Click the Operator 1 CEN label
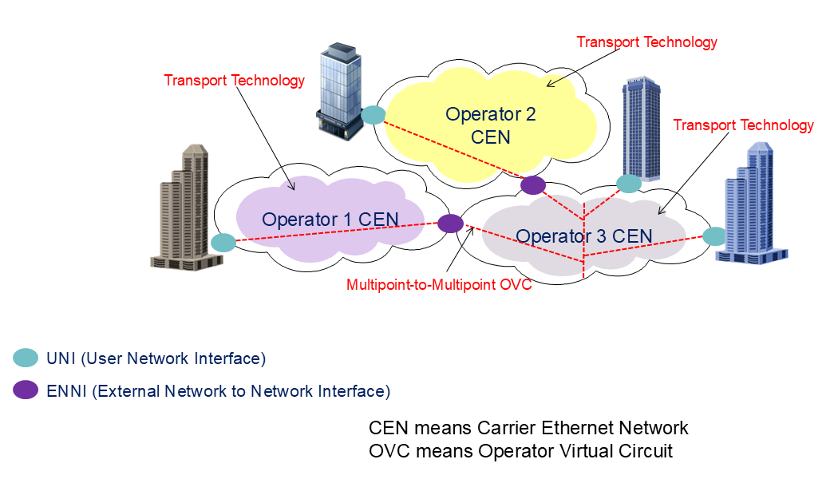330,219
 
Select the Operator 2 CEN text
490,125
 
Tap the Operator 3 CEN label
583,236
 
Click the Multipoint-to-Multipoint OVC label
439,285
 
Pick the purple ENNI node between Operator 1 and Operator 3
450,224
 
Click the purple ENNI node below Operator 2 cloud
533,185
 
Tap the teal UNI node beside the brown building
223,242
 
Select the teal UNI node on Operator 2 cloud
373,116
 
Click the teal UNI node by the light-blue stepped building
714,236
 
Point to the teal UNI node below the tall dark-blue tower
629,184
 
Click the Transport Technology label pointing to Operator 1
234,81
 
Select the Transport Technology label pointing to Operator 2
646,42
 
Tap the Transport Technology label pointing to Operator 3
743,125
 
